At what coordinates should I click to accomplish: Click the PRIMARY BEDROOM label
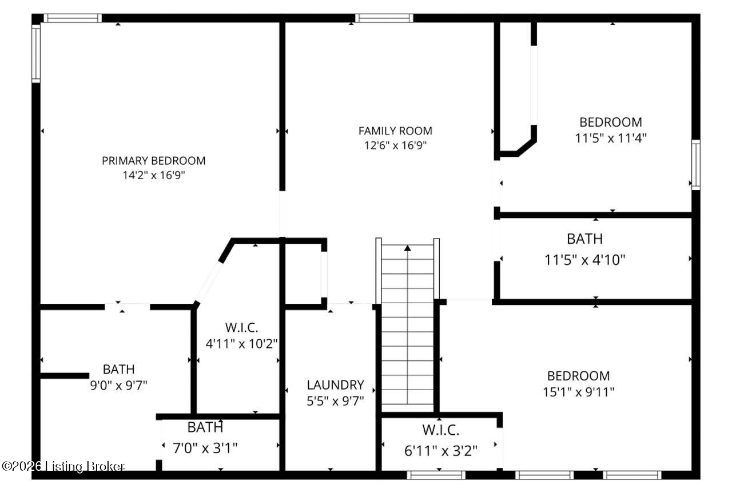[x=153, y=161]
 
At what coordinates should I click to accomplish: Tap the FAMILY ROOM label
[x=395, y=131]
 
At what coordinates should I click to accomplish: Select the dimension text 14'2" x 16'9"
[x=153, y=176]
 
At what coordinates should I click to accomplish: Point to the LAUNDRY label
[x=335, y=385]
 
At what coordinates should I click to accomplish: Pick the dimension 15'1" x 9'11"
[x=578, y=392]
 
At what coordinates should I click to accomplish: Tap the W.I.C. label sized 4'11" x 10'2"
[x=241, y=328]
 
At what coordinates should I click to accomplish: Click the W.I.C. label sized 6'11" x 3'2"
[x=440, y=430]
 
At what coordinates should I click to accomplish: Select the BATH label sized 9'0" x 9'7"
[x=119, y=370]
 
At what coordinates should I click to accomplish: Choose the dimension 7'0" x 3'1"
[x=205, y=448]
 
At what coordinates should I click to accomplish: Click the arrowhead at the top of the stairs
[x=407, y=248]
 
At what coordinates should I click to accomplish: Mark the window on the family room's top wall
[x=384, y=18]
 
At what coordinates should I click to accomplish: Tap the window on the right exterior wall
[x=695, y=165]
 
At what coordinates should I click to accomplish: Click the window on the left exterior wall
[x=36, y=53]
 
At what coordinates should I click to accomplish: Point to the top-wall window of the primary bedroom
[x=73, y=18]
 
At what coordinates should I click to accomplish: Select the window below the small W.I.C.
[x=436, y=475]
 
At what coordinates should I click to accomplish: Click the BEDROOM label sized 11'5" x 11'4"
[x=610, y=122]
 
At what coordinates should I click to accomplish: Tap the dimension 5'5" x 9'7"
[x=335, y=400]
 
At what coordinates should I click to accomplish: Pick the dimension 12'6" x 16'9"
[x=395, y=145]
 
